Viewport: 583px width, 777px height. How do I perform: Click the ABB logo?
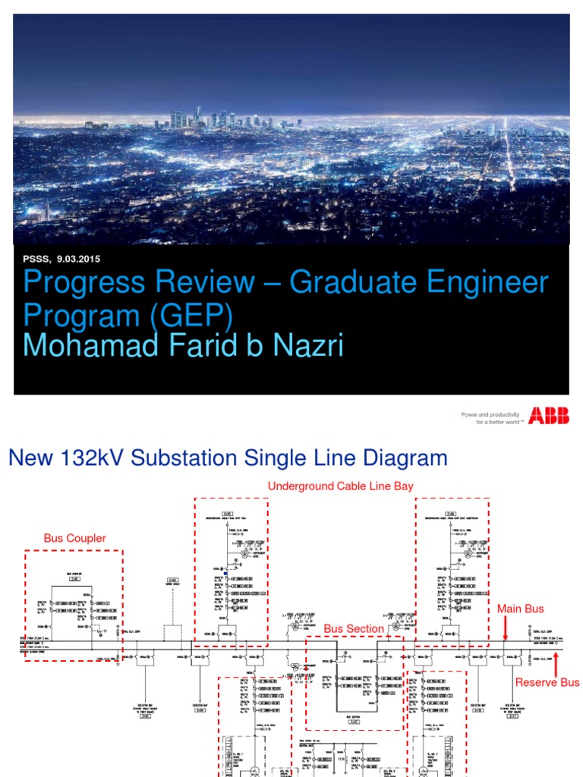point(548,415)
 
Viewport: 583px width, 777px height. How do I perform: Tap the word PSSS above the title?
point(35,259)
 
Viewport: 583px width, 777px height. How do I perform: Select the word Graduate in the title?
point(349,283)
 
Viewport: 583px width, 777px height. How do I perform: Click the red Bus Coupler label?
point(74,538)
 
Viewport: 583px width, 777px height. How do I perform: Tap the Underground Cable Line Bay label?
point(341,486)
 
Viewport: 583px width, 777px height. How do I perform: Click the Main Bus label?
point(520,609)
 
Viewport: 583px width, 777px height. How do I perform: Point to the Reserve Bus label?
point(547,682)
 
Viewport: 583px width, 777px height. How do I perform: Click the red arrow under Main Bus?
point(506,628)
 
